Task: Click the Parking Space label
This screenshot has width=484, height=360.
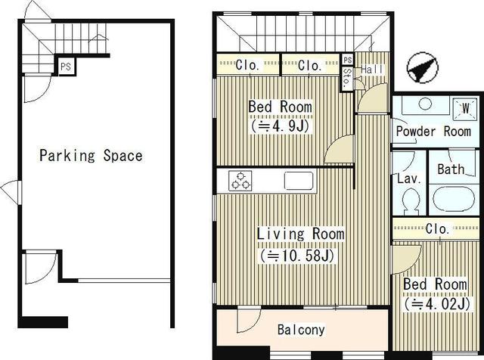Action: click(91, 155)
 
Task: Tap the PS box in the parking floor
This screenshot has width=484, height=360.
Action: click(66, 67)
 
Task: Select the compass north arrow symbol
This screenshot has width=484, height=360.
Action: click(422, 70)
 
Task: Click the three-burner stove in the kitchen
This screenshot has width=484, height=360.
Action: click(240, 180)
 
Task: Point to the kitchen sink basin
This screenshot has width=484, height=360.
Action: click(299, 180)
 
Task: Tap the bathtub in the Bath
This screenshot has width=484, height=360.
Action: click(453, 199)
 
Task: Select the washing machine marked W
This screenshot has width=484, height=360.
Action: click(466, 108)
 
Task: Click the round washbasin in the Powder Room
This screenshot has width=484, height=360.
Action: click(425, 104)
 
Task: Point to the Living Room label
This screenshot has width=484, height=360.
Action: click(301, 234)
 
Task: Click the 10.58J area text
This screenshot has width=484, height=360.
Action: click(297, 256)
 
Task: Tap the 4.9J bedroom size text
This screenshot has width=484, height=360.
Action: click(281, 126)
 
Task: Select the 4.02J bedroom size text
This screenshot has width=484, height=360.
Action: click(437, 304)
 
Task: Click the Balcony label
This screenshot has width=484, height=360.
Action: click(301, 330)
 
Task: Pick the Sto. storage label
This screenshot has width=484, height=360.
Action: click(347, 76)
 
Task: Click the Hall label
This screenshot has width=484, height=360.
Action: click(372, 70)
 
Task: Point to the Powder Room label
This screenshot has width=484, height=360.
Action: click(433, 131)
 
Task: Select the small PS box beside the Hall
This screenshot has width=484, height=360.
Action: click(348, 60)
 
